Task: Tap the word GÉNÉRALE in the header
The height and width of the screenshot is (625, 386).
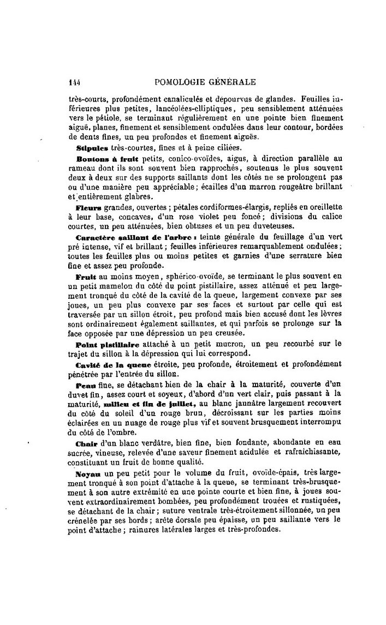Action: coord(235,82)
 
